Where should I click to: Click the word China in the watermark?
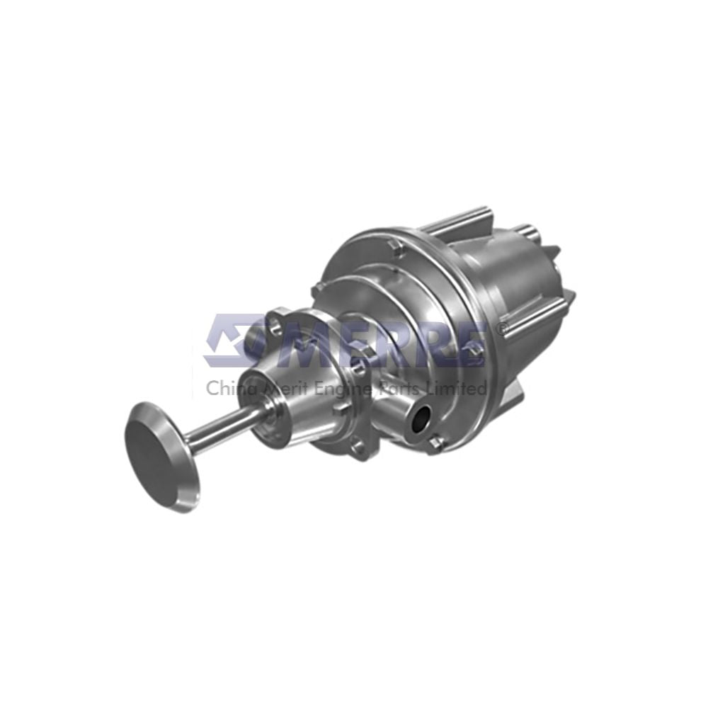[226, 388]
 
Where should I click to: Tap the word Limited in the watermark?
[461, 388]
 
